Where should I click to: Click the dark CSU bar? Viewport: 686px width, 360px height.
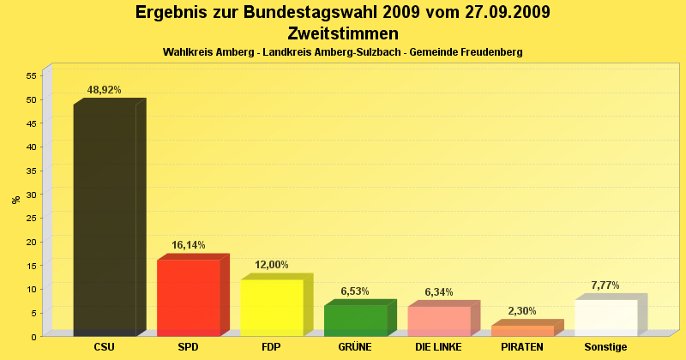click(x=105, y=219)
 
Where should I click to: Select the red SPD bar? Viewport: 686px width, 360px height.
click(x=189, y=297)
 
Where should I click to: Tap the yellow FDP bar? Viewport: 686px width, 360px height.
click(x=272, y=307)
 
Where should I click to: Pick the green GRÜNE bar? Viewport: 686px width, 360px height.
click(x=355, y=320)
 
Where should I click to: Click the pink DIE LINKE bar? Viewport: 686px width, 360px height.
click(x=439, y=321)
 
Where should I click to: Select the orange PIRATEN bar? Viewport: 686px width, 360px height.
click(x=522, y=330)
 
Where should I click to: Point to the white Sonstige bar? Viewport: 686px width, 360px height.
click(x=605, y=317)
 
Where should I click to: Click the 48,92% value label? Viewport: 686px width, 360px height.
click(x=105, y=89)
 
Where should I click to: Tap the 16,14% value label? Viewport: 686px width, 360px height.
click(x=189, y=245)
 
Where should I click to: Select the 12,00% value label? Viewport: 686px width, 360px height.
click(x=272, y=265)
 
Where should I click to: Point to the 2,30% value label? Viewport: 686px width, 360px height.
click(x=522, y=311)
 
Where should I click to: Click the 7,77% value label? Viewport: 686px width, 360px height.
click(x=605, y=285)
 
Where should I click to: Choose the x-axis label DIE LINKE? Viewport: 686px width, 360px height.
click(x=439, y=347)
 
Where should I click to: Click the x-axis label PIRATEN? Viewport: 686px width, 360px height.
click(x=522, y=347)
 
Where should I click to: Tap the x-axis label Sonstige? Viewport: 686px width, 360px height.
click(x=605, y=347)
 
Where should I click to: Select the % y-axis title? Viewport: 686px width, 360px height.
click(x=15, y=200)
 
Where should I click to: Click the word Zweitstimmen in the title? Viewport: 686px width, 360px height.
click(x=343, y=33)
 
